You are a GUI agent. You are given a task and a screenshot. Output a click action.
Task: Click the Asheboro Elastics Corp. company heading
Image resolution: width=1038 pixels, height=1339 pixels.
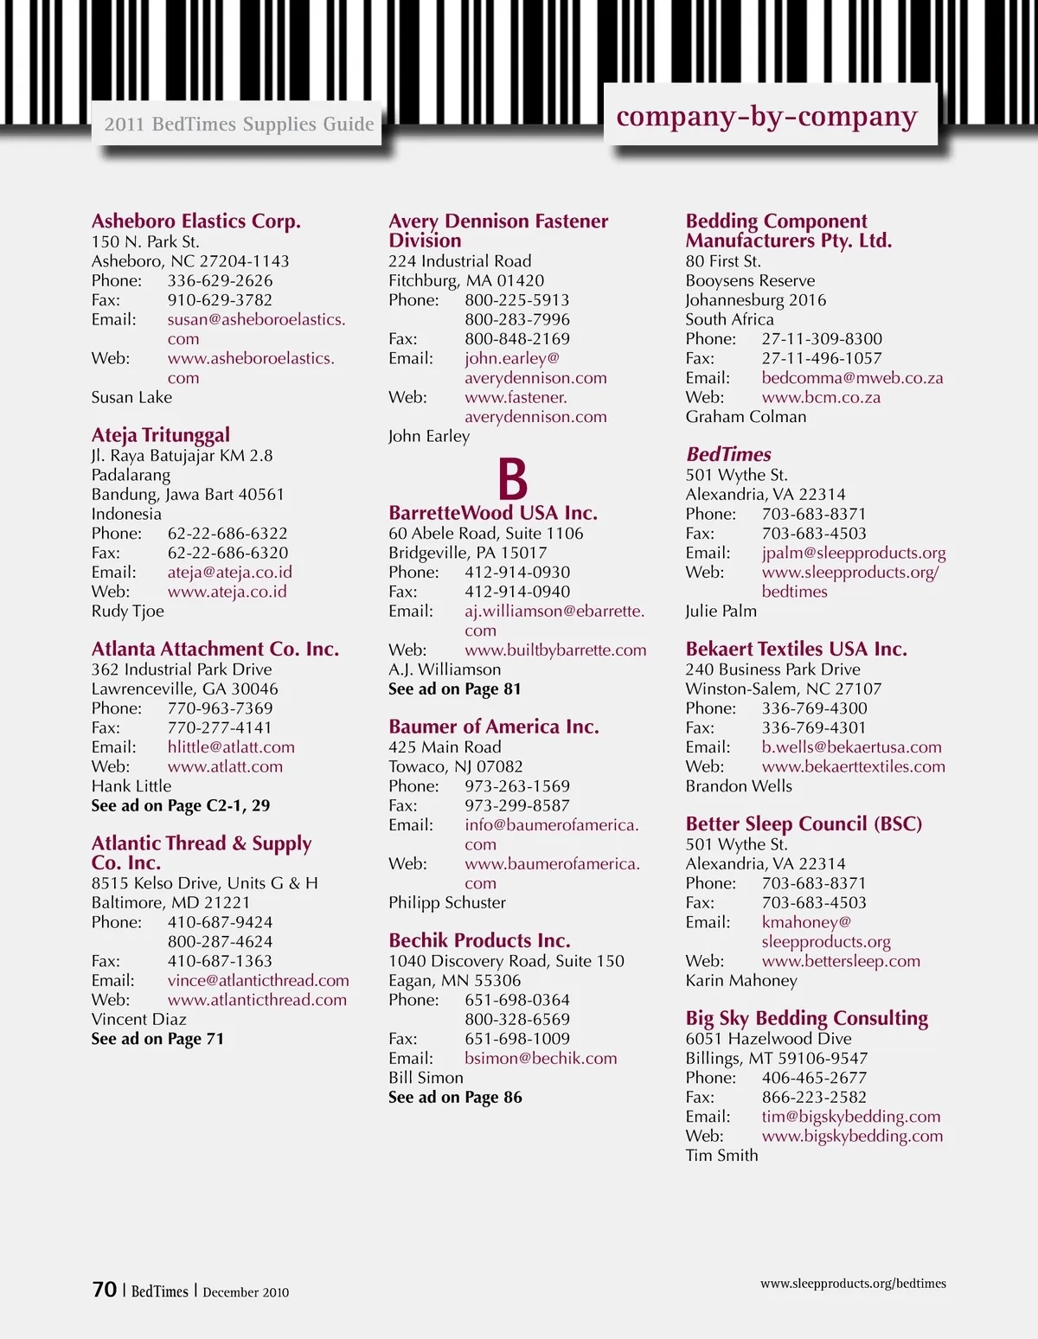pos(196,221)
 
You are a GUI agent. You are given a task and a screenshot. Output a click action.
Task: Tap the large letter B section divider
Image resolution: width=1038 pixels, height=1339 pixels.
pos(512,478)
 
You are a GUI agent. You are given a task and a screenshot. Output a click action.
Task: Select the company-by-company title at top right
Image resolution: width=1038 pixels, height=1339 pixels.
pos(766,117)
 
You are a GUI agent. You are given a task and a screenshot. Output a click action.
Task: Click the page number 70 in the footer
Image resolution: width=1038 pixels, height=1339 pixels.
pos(104,1290)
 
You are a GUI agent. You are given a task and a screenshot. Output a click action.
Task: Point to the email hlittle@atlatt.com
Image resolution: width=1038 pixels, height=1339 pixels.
pos(231,746)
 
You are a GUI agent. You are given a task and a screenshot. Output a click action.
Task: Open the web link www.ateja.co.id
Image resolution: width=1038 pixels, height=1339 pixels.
pos(227,592)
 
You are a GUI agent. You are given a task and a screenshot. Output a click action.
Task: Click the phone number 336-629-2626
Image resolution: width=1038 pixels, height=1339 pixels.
pos(220,280)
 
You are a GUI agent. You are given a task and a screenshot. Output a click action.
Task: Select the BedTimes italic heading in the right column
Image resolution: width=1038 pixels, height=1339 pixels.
pos(728,454)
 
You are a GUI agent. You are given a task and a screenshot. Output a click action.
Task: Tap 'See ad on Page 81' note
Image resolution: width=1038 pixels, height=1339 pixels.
pos(454,689)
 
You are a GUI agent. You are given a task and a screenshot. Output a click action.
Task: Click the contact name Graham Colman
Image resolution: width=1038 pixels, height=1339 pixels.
pos(746,416)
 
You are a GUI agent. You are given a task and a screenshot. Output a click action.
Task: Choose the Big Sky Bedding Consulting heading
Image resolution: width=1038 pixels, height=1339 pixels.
pos(806,1018)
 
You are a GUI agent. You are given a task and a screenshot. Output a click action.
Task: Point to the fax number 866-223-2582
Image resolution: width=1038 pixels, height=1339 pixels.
pos(814,1097)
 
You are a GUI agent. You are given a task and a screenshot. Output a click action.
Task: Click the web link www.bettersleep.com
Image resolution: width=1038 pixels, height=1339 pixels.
pos(841,961)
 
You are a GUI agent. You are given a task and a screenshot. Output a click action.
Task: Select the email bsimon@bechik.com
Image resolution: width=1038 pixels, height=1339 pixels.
pos(541,1058)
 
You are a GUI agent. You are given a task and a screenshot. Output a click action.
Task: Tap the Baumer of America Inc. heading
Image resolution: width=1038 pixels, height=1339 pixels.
pos(493,727)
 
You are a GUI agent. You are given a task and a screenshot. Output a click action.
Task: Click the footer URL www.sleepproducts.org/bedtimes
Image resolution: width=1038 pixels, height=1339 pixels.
pos(853,1284)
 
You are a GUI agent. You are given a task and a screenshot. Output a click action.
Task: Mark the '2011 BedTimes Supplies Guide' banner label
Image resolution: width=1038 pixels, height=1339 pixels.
pos(239,125)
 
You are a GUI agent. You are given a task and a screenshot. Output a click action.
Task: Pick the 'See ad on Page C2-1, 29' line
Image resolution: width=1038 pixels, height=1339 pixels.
pos(181,805)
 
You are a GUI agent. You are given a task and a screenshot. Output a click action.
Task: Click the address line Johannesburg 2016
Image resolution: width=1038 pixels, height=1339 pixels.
pos(755,300)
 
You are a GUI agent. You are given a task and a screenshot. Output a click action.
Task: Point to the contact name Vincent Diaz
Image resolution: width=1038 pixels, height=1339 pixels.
pos(138,1019)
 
